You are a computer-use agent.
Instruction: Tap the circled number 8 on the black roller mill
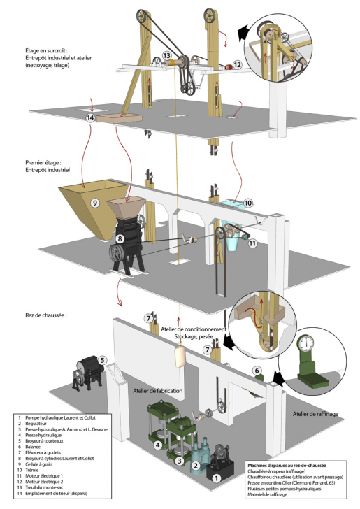tap(120, 239)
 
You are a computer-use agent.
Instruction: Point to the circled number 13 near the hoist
tap(166, 55)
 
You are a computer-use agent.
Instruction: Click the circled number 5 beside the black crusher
tap(102, 361)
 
